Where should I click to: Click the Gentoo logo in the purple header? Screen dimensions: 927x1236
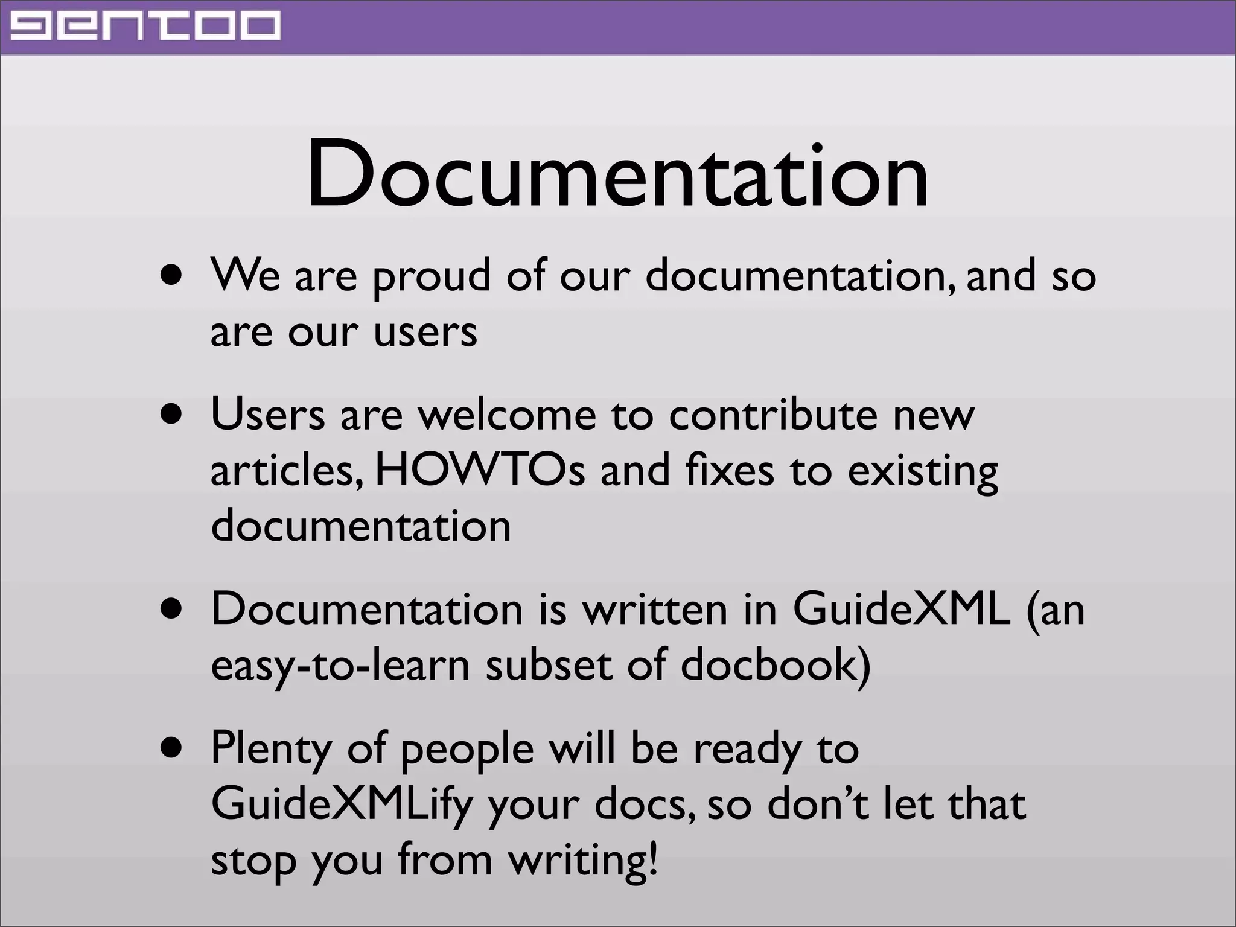(x=145, y=27)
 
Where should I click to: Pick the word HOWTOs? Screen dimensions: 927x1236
(x=480, y=471)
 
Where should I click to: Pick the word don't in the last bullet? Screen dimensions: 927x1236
(x=818, y=804)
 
